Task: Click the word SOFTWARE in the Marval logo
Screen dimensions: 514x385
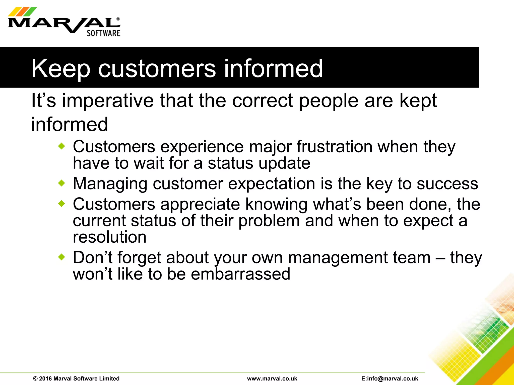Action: [x=103, y=33]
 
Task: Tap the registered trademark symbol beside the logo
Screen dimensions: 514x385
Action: [x=118, y=19]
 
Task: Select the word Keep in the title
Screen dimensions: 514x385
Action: [x=60, y=69]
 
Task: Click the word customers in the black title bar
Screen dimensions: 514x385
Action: [x=157, y=69]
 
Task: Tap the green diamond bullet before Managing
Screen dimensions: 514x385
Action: [x=61, y=183]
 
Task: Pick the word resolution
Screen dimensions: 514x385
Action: [x=109, y=237]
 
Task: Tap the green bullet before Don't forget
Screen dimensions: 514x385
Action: [x=61, y=257]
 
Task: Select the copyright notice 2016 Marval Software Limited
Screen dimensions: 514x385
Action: [x=76, y=378]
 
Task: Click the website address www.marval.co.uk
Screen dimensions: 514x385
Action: [x=272, y=378]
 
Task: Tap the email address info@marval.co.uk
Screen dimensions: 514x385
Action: [x=390, y=378]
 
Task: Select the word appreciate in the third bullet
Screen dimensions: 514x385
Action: [x=200, y=205]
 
